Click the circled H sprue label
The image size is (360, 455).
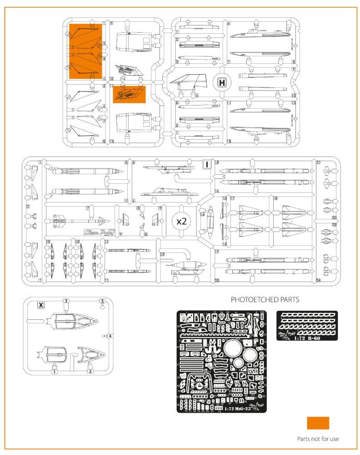(x=222, y=83)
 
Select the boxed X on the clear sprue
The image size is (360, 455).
(x=41, y=305)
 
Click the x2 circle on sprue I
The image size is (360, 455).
(x=181, y=221)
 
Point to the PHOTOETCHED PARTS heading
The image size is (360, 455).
(x=265, y=300)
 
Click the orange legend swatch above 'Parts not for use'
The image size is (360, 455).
(x=318, y=423)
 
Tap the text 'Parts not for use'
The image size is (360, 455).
(x=318, y=439)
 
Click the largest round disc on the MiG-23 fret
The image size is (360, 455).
(x=233, y=349)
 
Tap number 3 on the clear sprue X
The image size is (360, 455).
(x=66, y=301)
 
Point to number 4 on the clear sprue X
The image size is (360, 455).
(x=110, y=336)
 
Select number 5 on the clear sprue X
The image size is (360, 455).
(x=102, y=301)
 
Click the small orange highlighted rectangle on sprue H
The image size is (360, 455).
(x=129, y=94)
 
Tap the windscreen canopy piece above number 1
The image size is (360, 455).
(x=54, y=353)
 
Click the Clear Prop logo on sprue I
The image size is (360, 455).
(x=100, y=233)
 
